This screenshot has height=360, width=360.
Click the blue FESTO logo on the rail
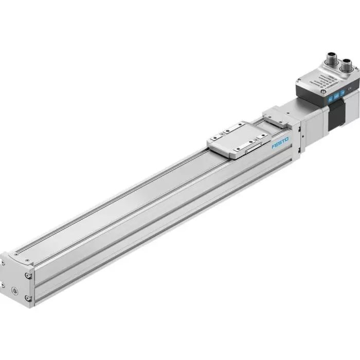(280, 142)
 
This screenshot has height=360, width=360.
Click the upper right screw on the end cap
(27, 277)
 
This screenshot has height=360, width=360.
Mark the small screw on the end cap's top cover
(17, 252)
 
